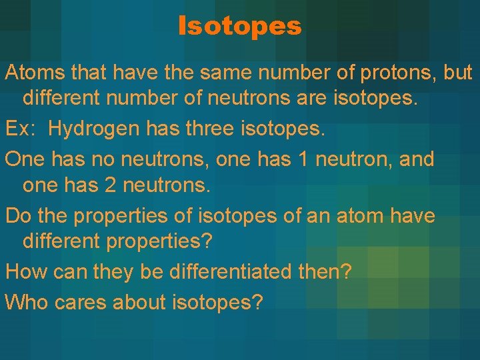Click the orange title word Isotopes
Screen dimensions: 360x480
[240, 27]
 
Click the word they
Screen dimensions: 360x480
[113, 273]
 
